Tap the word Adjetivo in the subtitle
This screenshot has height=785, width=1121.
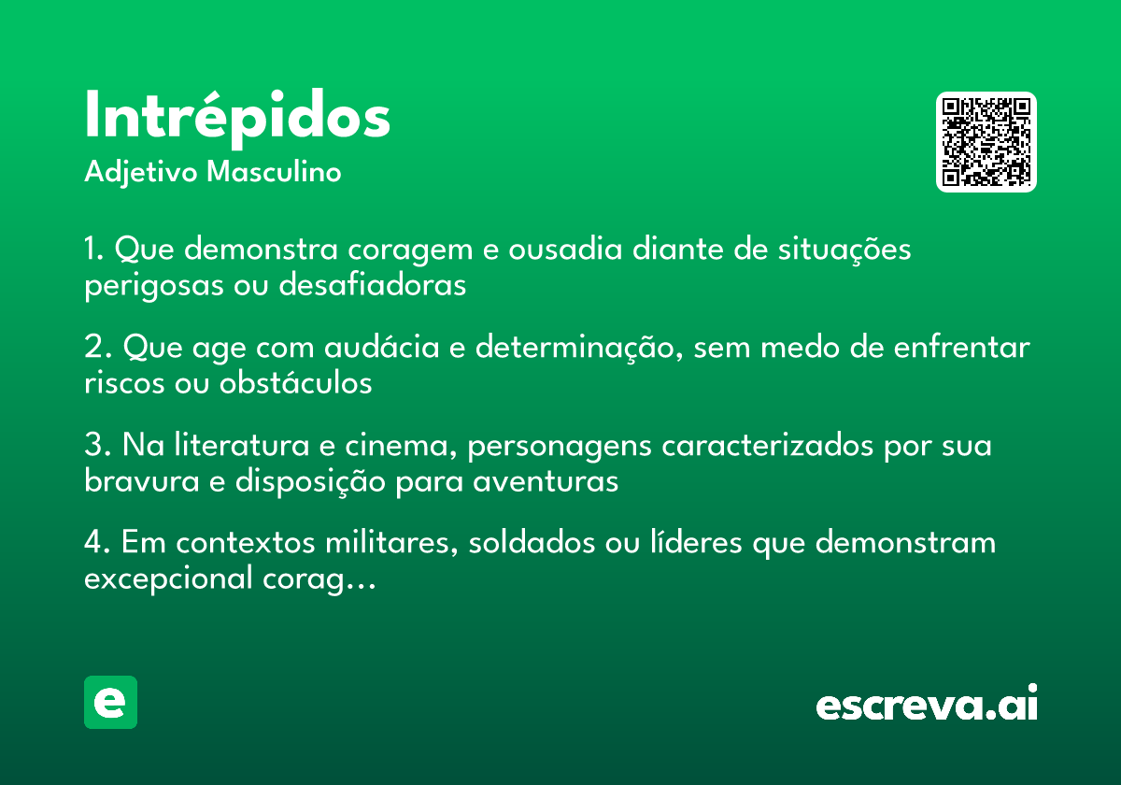click(x=141, y=173)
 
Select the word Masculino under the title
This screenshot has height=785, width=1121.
click(x=274, y=172)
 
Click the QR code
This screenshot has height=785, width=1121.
click(x=986, y=142)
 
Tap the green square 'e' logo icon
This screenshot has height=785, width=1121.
click(x=110, y=702)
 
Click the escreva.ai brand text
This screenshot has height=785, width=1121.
click(x=927, y=703)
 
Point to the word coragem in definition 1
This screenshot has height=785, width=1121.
click(x=410, y=250)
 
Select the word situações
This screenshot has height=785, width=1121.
click(x=844, y=250)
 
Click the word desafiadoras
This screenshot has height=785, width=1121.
click(x=373, y=284)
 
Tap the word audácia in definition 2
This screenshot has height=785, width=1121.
click(x=382, y=346)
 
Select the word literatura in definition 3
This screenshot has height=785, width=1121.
click(x=242, y=444)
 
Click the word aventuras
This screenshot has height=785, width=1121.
click(x=546, y=482)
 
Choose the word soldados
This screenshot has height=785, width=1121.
click(x=532, y=542)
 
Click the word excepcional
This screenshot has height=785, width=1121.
click(x=168, y=578)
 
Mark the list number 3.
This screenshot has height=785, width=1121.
click(x=94, y=444)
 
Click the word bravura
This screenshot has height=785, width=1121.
click(x=142, y=480)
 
